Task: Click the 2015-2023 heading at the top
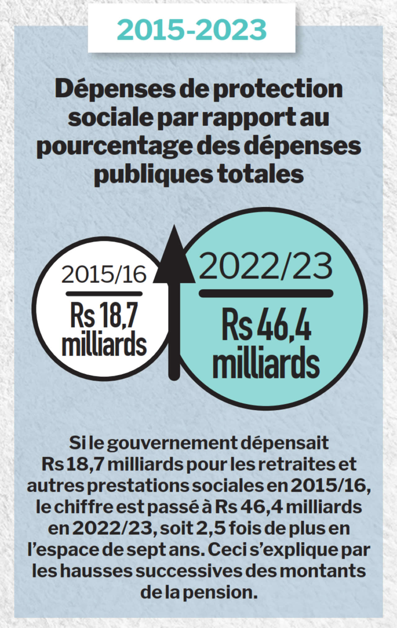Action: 192,30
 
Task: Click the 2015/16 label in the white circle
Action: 104,274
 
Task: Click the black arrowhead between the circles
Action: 174,257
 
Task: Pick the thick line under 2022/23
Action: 266,293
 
